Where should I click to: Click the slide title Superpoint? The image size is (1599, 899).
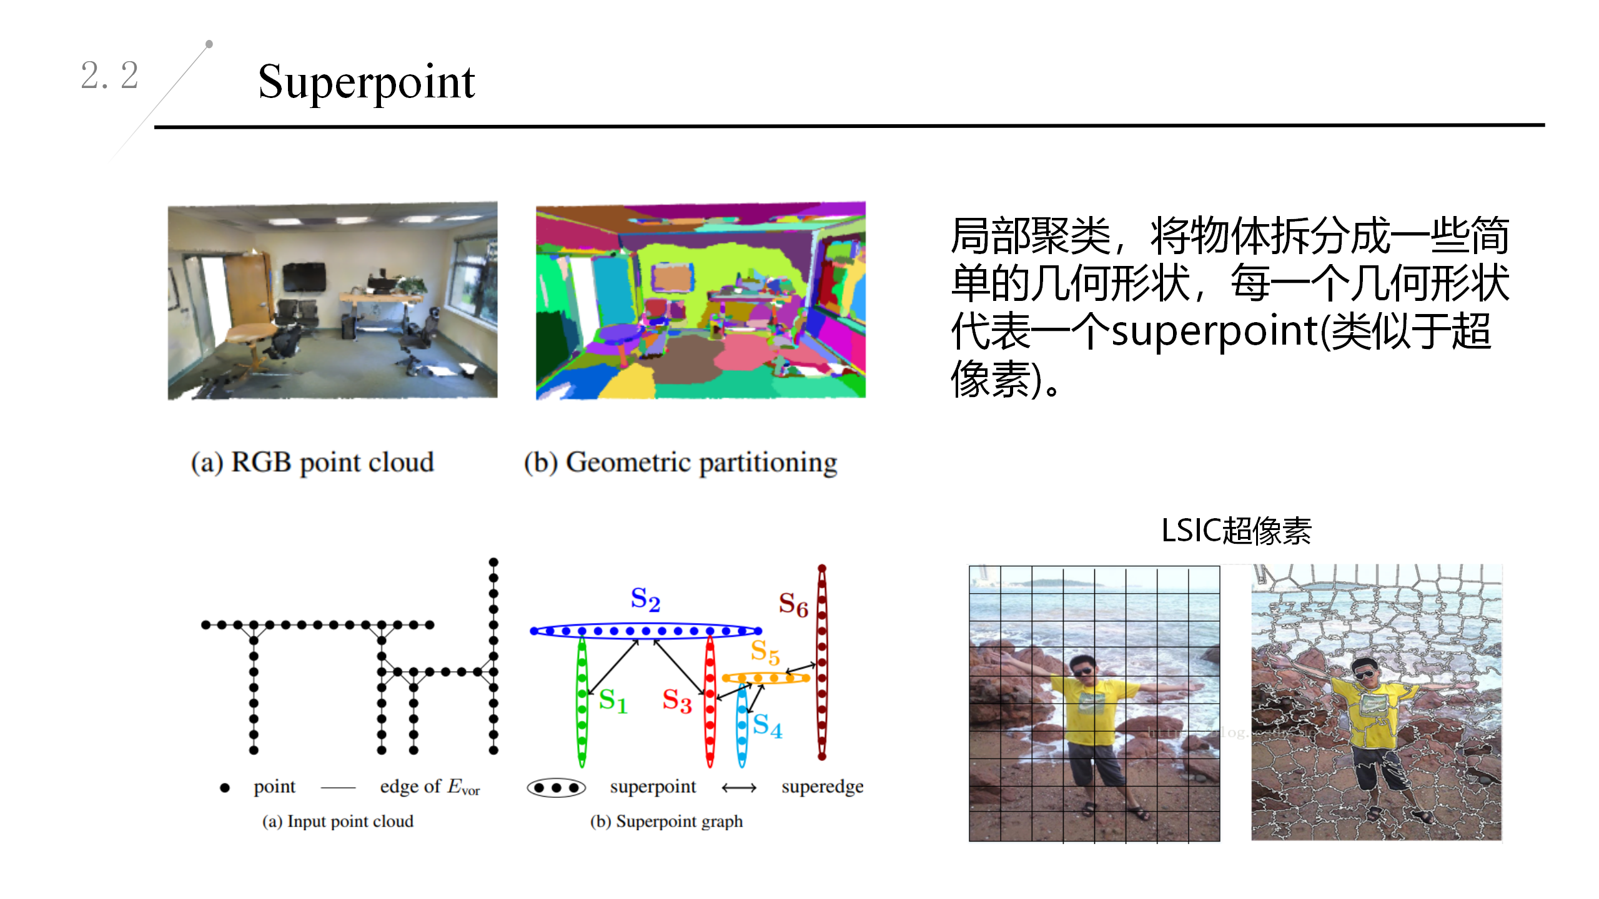tap(366, 83)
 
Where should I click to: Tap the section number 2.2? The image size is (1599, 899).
tap(109, 76)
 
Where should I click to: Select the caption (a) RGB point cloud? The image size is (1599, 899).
tap(312, 463)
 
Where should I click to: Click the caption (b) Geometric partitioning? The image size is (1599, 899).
tap(680, 463)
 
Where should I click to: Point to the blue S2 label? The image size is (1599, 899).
tap(645, 599)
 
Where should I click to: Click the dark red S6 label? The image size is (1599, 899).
tap(793, 604)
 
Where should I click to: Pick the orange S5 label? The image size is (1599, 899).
tap(765, 652)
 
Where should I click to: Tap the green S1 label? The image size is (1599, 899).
tap(612, 700)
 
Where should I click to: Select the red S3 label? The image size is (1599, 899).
tap(676, 700)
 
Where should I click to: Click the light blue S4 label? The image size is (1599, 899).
tap(767, 725)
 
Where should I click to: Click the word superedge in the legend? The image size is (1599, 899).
tap(822, 787)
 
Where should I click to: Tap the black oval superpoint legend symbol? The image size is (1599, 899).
tap(556, 788)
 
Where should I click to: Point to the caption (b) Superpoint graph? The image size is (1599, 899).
tap(666, 822)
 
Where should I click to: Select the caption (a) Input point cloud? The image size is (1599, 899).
tap(337, 822)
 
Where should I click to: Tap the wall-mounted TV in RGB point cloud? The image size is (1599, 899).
tap(304, 277)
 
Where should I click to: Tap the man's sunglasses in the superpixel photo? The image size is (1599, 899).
tap(1365, 674)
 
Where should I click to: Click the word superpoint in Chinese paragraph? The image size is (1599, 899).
tap(1214, 331)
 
